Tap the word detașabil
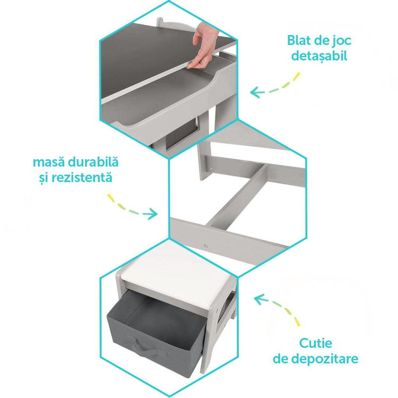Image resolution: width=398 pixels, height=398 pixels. click(319, 56)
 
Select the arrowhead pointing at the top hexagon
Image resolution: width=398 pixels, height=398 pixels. click(255, 92)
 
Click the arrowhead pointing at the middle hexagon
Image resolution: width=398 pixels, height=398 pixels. click(153, 214)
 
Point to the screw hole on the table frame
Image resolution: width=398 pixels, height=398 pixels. click(205, 246)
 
